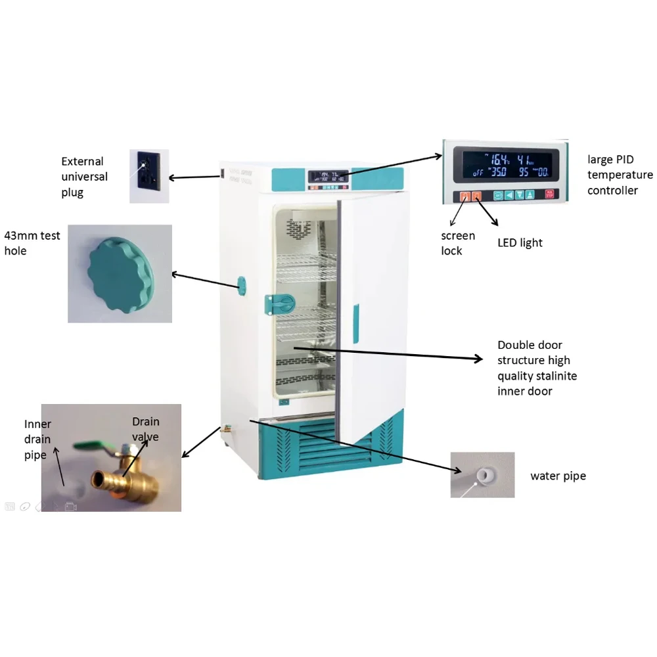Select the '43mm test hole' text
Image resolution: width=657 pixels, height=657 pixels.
tap(32, 243)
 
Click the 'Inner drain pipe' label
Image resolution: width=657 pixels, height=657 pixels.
tap(37, 439)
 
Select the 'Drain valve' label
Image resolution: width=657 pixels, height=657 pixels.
tap(145, 429)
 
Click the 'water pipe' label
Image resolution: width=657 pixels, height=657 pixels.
tap(558, 476)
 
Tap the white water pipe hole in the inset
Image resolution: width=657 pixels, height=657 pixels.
tap(486, 474)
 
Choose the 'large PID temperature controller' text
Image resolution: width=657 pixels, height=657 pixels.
tap(620, 175)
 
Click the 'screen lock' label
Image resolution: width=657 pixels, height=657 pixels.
tap(457, 243)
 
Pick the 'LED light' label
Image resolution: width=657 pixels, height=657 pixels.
tap(520, 243)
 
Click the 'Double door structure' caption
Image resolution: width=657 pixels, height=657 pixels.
tap(537, 368)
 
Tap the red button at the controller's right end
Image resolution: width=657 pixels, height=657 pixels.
tap(549, 195)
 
